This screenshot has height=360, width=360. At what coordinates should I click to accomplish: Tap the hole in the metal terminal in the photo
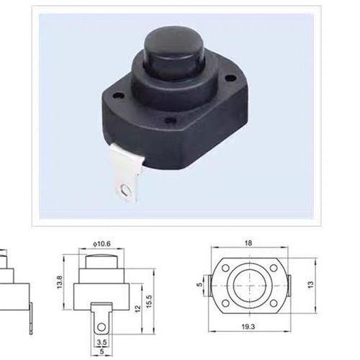(x=127, y=190)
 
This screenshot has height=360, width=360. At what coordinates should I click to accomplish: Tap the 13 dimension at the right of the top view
(x=311, y=285)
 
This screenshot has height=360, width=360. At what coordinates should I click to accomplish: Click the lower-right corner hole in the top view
(x=276, y=304)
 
